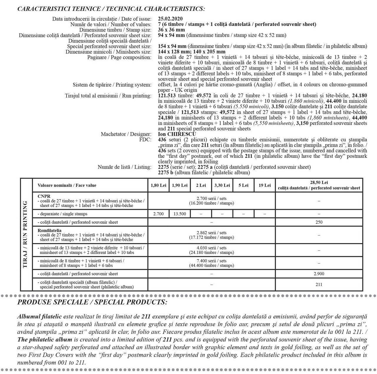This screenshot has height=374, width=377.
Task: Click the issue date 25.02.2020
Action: (x=170, y=19)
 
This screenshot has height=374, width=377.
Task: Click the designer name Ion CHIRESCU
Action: (x=177, y=134)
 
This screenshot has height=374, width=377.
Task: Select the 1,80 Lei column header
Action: (x=158, y=185)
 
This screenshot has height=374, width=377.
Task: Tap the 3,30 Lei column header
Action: (x=222, y=185)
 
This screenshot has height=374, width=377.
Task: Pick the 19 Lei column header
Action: (x=264, y=185)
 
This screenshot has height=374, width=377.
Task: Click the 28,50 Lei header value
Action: (x=319, y=183)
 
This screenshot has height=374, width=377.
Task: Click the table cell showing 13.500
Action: (x=180, y=214)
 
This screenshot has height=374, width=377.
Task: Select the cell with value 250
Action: (x=319, y=222)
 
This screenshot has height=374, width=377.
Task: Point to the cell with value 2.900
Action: (x=319, y=274)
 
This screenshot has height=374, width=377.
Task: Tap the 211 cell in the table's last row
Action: (x=319, y=284)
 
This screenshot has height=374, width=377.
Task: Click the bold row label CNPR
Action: (x=44, y=196)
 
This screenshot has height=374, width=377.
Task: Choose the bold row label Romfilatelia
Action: (x=49, y=230)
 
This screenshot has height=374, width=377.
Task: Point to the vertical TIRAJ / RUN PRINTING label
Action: (x=26, y=234)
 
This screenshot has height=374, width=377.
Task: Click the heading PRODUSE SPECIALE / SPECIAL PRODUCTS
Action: (x=92, y=302)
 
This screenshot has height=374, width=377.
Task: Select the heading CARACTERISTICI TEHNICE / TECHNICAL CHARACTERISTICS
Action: (x=111, y=9)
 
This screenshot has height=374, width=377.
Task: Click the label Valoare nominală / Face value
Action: (x=67, y=185)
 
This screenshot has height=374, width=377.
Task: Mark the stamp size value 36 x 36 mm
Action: (x=171, y=30)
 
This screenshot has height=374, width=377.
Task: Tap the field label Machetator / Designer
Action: (x=126, y=134)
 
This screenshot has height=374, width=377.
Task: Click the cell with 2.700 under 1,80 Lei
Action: (x=158, y=214)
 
